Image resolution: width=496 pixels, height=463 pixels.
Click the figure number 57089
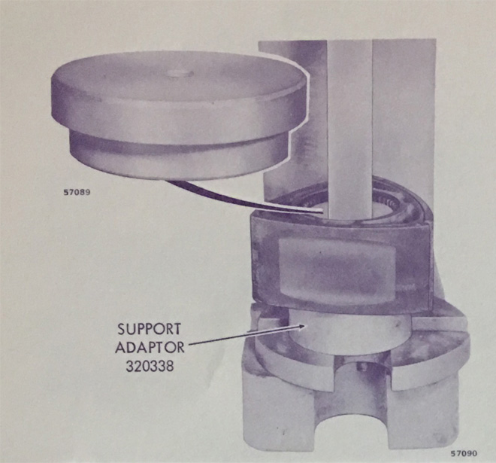pyautogui.click(x=77, y=193)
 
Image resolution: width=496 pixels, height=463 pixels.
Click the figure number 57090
pyautogui.click(x=464, y=453)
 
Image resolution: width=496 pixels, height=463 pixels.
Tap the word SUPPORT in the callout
pyautogui.click(x=150, y=330)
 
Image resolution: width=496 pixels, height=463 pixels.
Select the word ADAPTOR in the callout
pyautogui.click(x=150, y=348)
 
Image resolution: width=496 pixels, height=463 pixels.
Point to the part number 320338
pyautogui.click(x=150, y=367)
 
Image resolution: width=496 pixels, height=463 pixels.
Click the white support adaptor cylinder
pyautogui.click(x=349, y=331)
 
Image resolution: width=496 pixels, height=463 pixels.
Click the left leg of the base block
pyautogui.click(x=278, y=412)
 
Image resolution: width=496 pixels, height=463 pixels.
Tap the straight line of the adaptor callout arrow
pyautogui.click(x=240, y=335)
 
